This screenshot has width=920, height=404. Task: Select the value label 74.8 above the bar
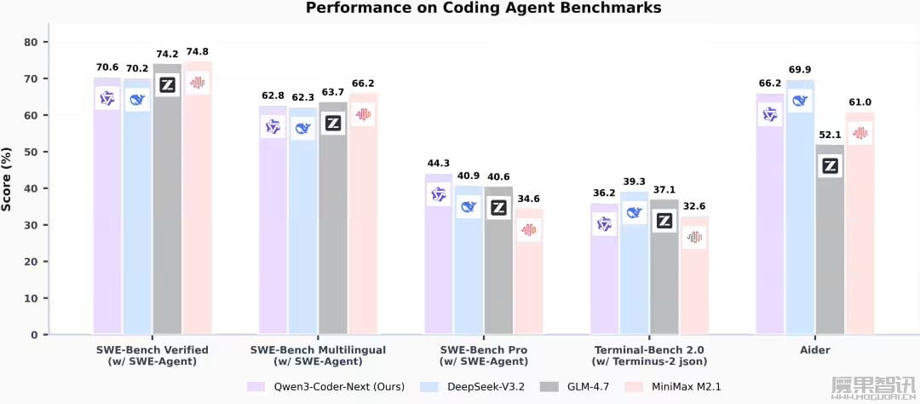[198, 50]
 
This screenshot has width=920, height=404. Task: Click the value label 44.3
[438, 163]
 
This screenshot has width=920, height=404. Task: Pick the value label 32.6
[694, 205]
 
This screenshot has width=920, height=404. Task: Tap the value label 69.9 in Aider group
[800, 69]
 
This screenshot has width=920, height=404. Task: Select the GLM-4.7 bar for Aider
[830, 247]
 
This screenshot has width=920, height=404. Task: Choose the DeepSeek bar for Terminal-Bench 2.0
[635, 273]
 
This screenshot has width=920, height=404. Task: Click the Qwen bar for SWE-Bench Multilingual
[273, 230]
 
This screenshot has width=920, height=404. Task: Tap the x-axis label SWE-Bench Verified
[153, 350]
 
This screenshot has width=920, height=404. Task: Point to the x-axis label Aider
[814, 350]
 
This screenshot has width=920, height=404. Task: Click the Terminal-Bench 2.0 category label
[649, 350]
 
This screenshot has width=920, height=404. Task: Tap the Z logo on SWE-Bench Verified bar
[168, 86]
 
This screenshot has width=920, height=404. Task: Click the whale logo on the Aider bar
[800, 101]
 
